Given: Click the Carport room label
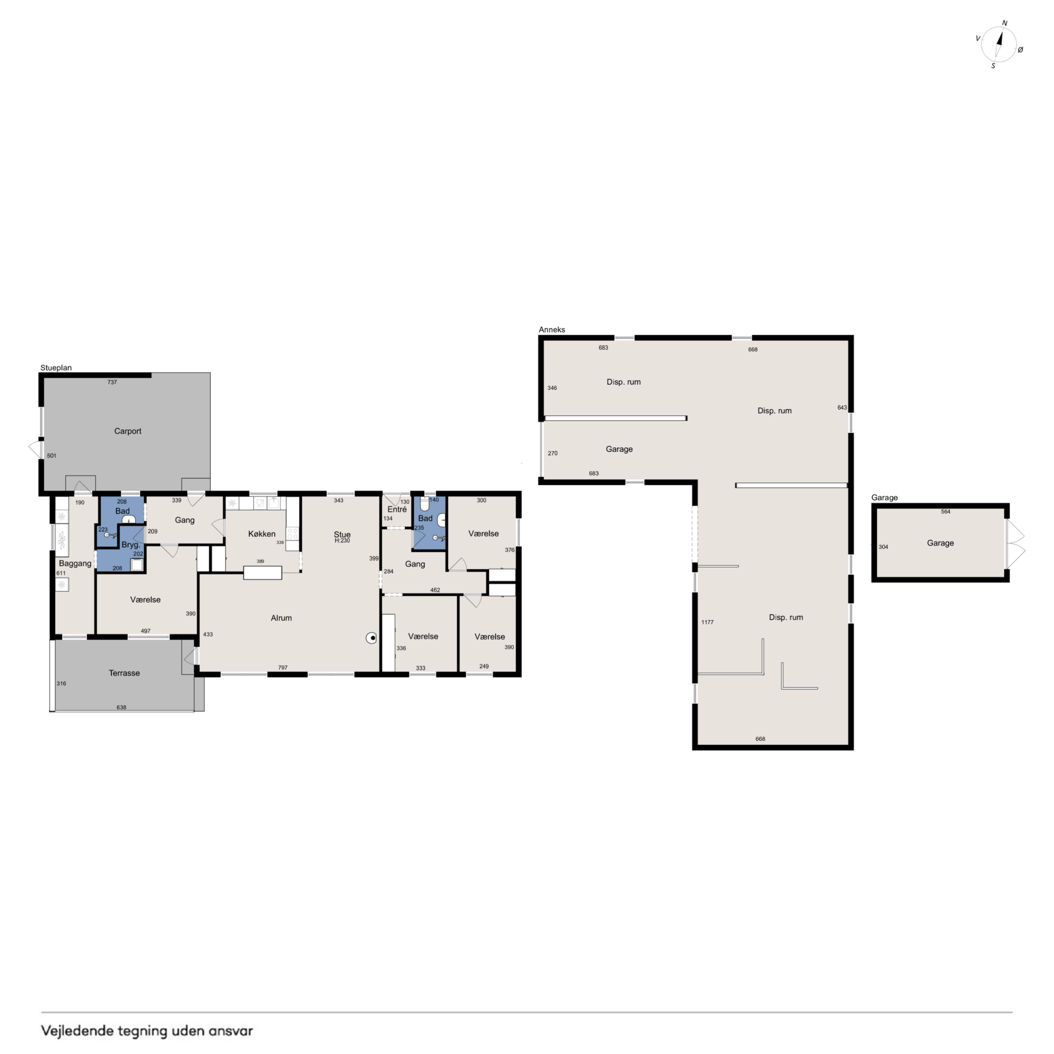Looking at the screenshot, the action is point(128,431).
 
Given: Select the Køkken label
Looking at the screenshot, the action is point(262,534).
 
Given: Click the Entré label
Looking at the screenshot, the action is point(397,510).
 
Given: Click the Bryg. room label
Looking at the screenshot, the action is point(131,545).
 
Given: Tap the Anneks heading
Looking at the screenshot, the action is point(552,330).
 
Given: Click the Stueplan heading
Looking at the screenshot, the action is point(56,368).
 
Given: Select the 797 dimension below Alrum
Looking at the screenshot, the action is point(283,668).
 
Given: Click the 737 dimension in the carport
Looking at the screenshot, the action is point(112,382).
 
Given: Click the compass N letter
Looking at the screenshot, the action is point(1005,24).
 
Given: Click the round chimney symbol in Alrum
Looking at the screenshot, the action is point(371,638).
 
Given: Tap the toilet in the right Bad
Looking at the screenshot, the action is point(425,503).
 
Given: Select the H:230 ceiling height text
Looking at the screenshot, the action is point(342,541).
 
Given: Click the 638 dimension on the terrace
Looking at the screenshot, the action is point(121,707).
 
